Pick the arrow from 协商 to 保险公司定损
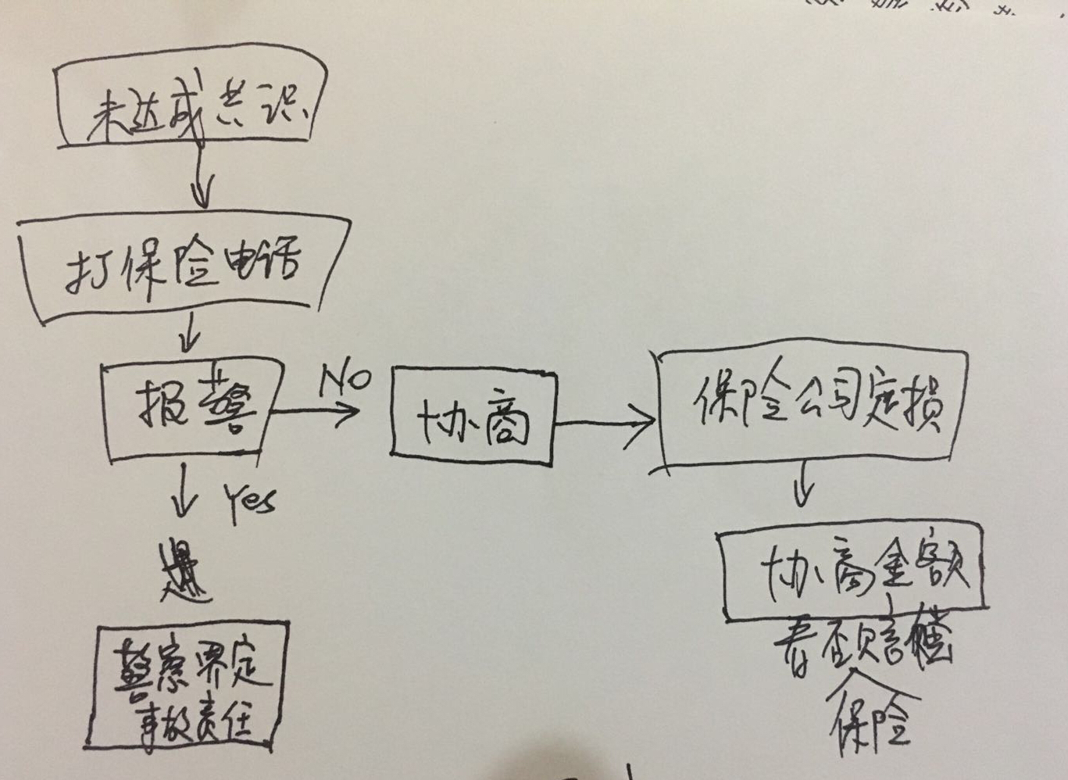click(605, 422)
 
